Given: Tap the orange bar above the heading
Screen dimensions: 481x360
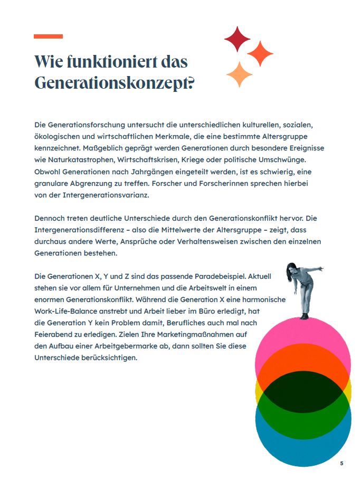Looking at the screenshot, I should (48, 36).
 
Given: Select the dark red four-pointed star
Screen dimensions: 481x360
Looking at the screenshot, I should (237, 39).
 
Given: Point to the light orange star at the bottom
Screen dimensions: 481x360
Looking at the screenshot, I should (239, 74).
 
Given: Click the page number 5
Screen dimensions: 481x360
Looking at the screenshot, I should (342, 463).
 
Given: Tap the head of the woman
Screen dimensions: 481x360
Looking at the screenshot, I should (291, 269).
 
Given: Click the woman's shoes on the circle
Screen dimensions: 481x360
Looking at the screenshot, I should (304, 316).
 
